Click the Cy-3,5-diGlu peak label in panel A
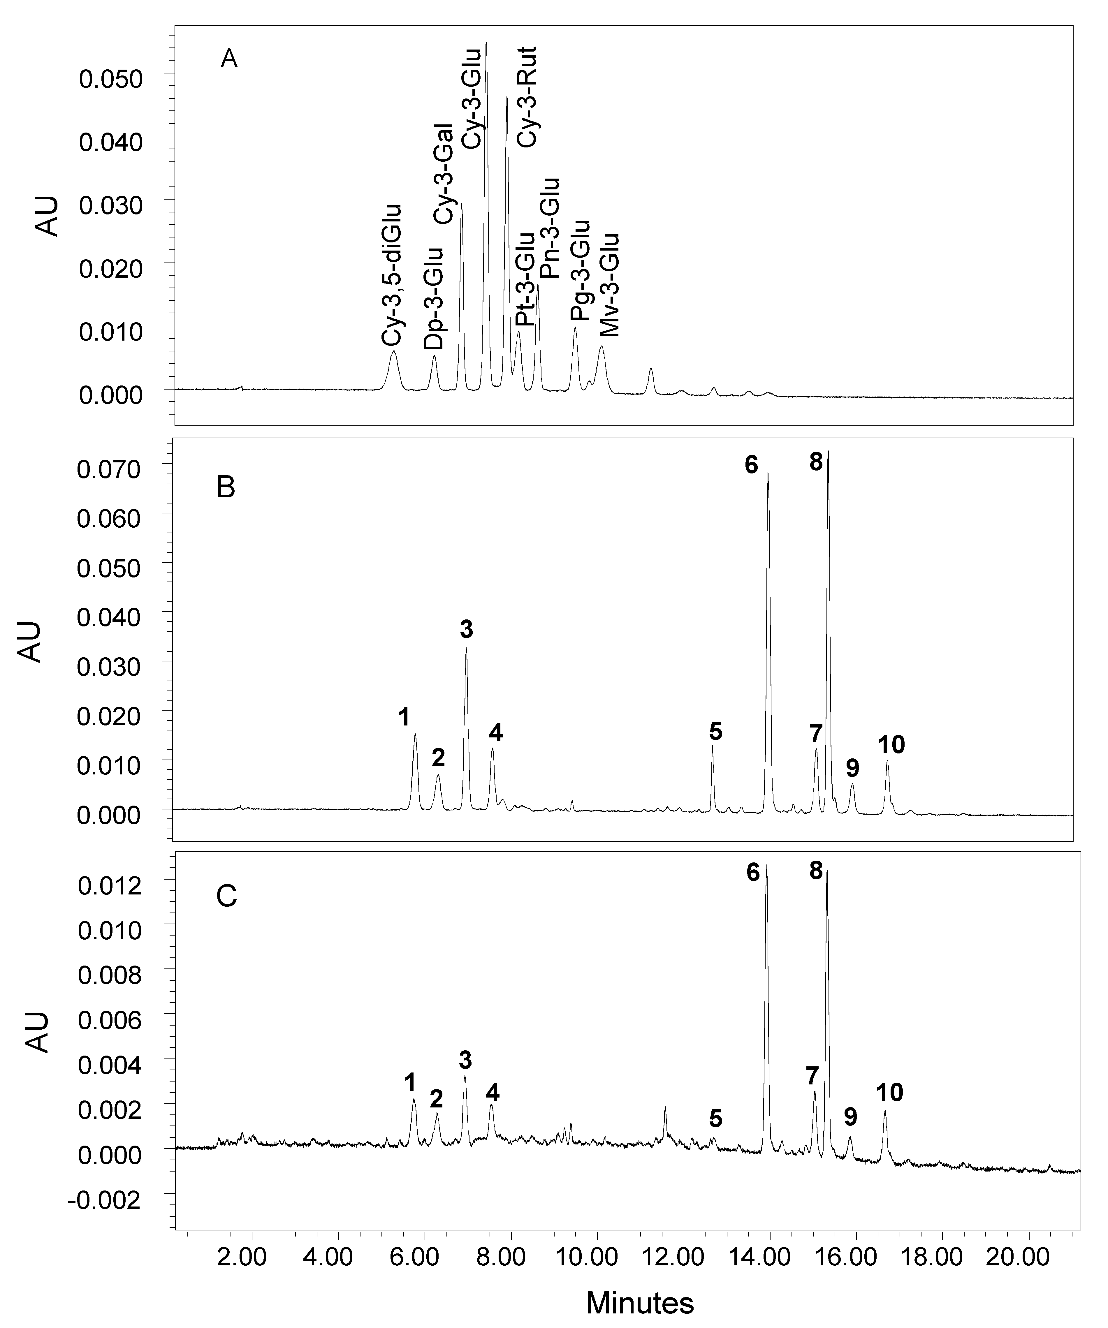[391, 274]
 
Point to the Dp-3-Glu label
[434, 298]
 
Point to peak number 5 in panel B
[715, 731]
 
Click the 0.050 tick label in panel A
[111, 79]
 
